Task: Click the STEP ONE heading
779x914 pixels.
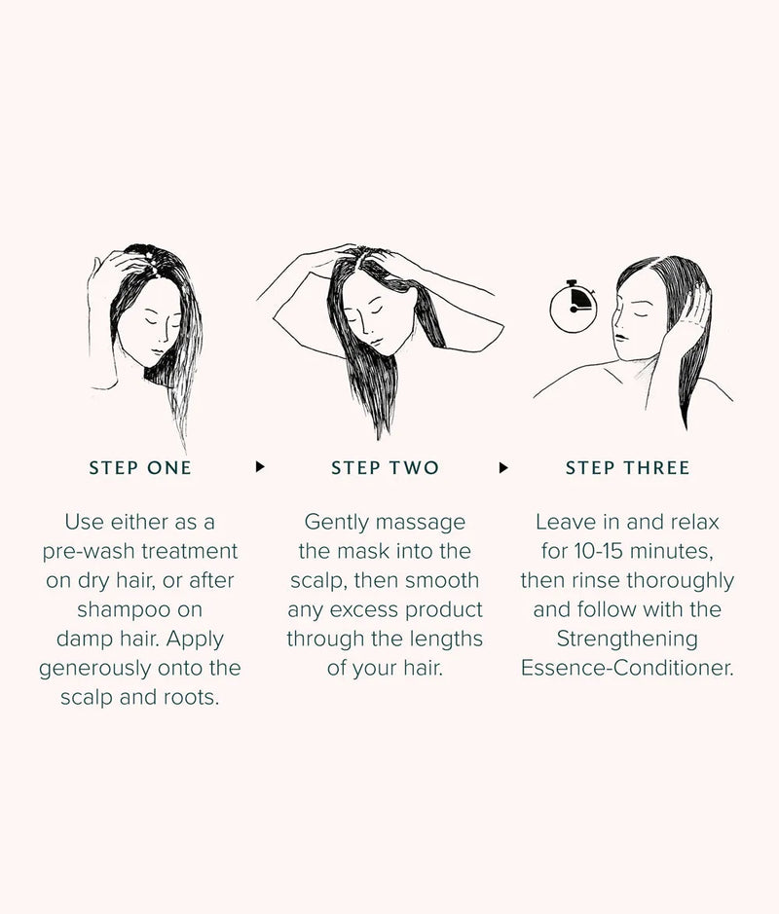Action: (x=140, y=468)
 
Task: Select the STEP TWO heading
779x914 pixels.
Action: (x=385, y=468)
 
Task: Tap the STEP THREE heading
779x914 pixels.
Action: (x=627, y=468)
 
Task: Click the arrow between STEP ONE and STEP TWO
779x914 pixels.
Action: (x=260, y=467)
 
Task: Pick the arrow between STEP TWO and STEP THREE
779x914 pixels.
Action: (x=503, y=467)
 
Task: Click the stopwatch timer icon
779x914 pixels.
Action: (x=573, y=305)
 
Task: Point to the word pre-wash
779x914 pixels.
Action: (x=86, y=552)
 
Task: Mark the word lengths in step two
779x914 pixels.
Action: (x=440, y=640)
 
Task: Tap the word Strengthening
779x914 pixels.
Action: (x=627, y=640)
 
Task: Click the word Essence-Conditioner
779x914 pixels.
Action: (x=627, y=669)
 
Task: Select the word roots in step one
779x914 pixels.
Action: (x=190, y=698)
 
